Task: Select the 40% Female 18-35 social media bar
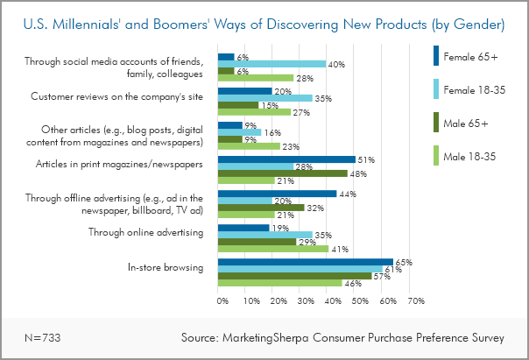click(272, 64)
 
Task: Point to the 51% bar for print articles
click(286, 159)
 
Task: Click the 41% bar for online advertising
click(272, 249)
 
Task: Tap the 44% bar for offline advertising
click(277, 194)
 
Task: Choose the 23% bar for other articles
click(249, 146)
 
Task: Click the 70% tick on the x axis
click(415, 300)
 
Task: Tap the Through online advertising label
click(146, 232)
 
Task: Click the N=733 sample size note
click(41, 336)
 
